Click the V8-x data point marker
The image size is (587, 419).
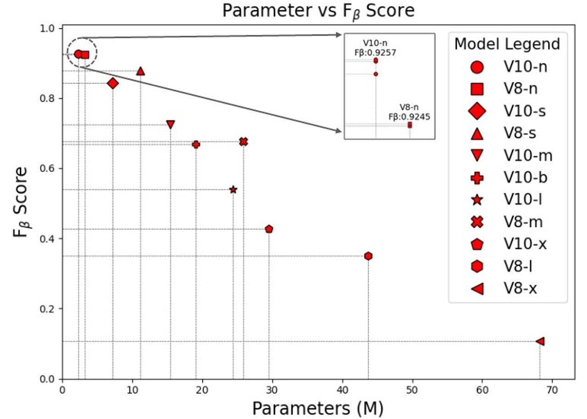pos(540,341)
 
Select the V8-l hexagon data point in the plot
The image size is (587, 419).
pos(368,256)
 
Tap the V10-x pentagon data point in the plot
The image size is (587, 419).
pos(269,229)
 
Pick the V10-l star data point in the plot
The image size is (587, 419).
pos(233,189)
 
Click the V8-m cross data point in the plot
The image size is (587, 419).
pos(244,142)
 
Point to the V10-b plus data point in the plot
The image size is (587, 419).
pos(196,144)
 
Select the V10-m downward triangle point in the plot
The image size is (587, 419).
pos(171,124)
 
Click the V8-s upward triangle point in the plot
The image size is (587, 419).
pos(140,71)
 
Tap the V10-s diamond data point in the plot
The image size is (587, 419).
pos(113,83)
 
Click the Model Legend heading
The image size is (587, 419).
pos(507,44)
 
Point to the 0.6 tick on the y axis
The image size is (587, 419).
pos(49,169)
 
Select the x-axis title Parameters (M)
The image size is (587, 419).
pos(318,408)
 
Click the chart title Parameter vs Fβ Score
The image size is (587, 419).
pos(318,11)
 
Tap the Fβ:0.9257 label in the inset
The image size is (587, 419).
pos(376,53)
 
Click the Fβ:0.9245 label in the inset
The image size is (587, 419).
pos(409,116)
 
